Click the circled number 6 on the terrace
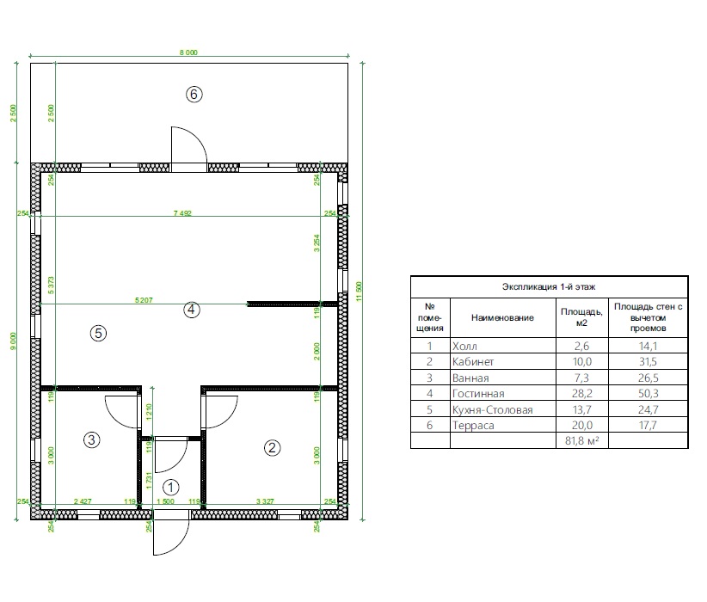click(x=194, y=95)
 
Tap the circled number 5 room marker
click(x=98, y=333)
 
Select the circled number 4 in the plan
click(x=192, y=310)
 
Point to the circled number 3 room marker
click(x=91, y=439)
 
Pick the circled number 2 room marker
click(x=272, y=448)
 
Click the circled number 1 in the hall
click(x=171, y=487)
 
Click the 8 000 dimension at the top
click(x=188, y=52)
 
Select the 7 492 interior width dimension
click(x=182, y=212)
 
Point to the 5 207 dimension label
click(x=144, y=300)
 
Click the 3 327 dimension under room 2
click(x=265, y=501)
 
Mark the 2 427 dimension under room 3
click(x=83, y=501)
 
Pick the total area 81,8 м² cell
click(x=581, y=440)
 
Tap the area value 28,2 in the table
click(x=581, y=394)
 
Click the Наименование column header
click(x=502, y=317)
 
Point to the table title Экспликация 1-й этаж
click(x=549, y=286)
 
